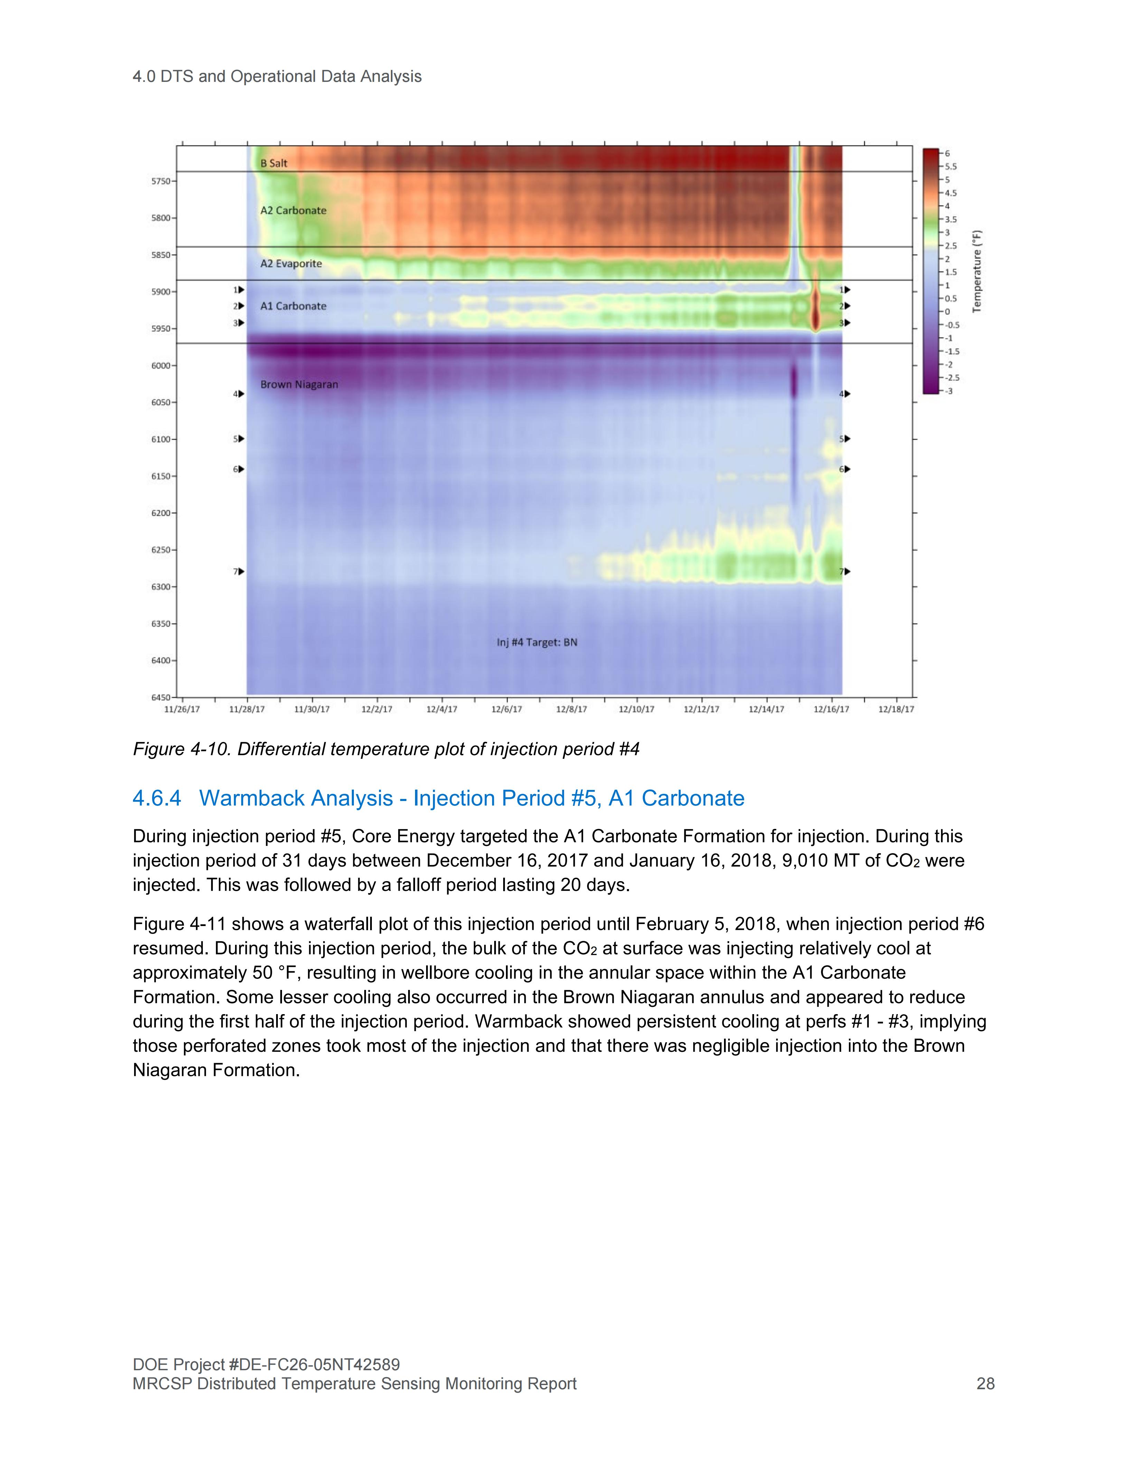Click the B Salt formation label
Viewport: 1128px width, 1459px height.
(274, 163)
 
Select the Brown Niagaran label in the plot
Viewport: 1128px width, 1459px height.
(299, 385)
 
